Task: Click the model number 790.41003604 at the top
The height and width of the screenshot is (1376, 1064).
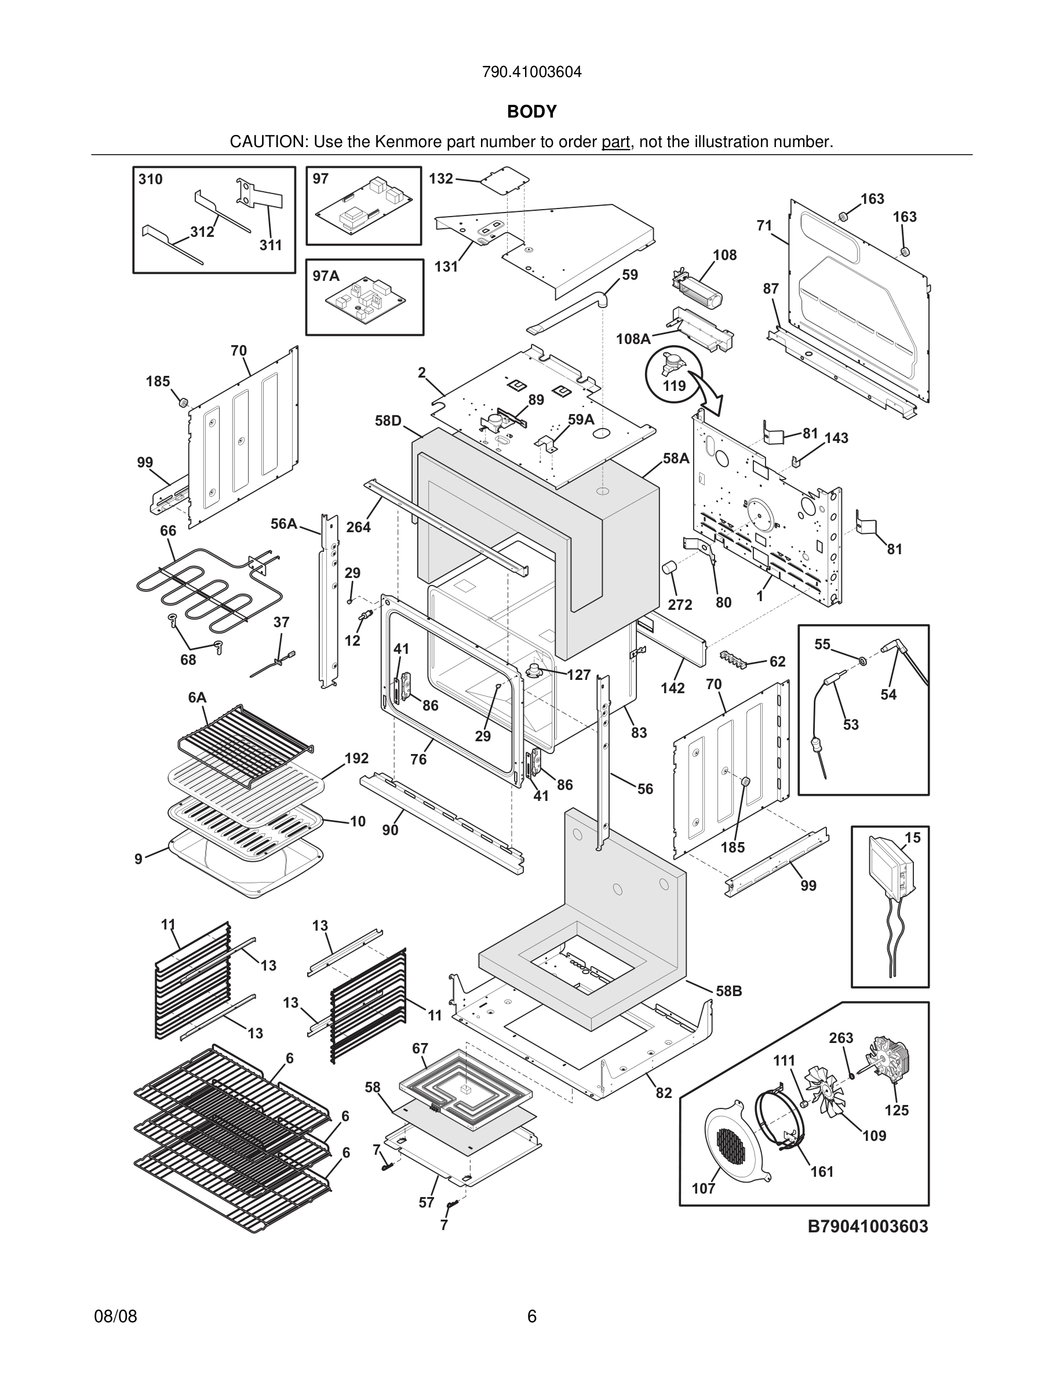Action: (531, 72)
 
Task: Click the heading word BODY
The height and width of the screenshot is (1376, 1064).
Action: (532, 112)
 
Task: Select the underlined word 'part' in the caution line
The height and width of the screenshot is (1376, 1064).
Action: (616, 142)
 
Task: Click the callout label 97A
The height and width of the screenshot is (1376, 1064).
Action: (326, 276)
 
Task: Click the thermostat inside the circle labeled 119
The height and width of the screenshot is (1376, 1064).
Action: (669, 364)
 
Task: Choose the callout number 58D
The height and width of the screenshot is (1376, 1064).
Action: (388, 421)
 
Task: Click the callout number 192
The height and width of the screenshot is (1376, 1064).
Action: (357, 759)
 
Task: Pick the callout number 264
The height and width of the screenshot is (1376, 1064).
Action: (359, 528)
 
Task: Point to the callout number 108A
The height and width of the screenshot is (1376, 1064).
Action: (633, 339)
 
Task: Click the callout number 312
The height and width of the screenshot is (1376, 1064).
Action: (202, 232)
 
